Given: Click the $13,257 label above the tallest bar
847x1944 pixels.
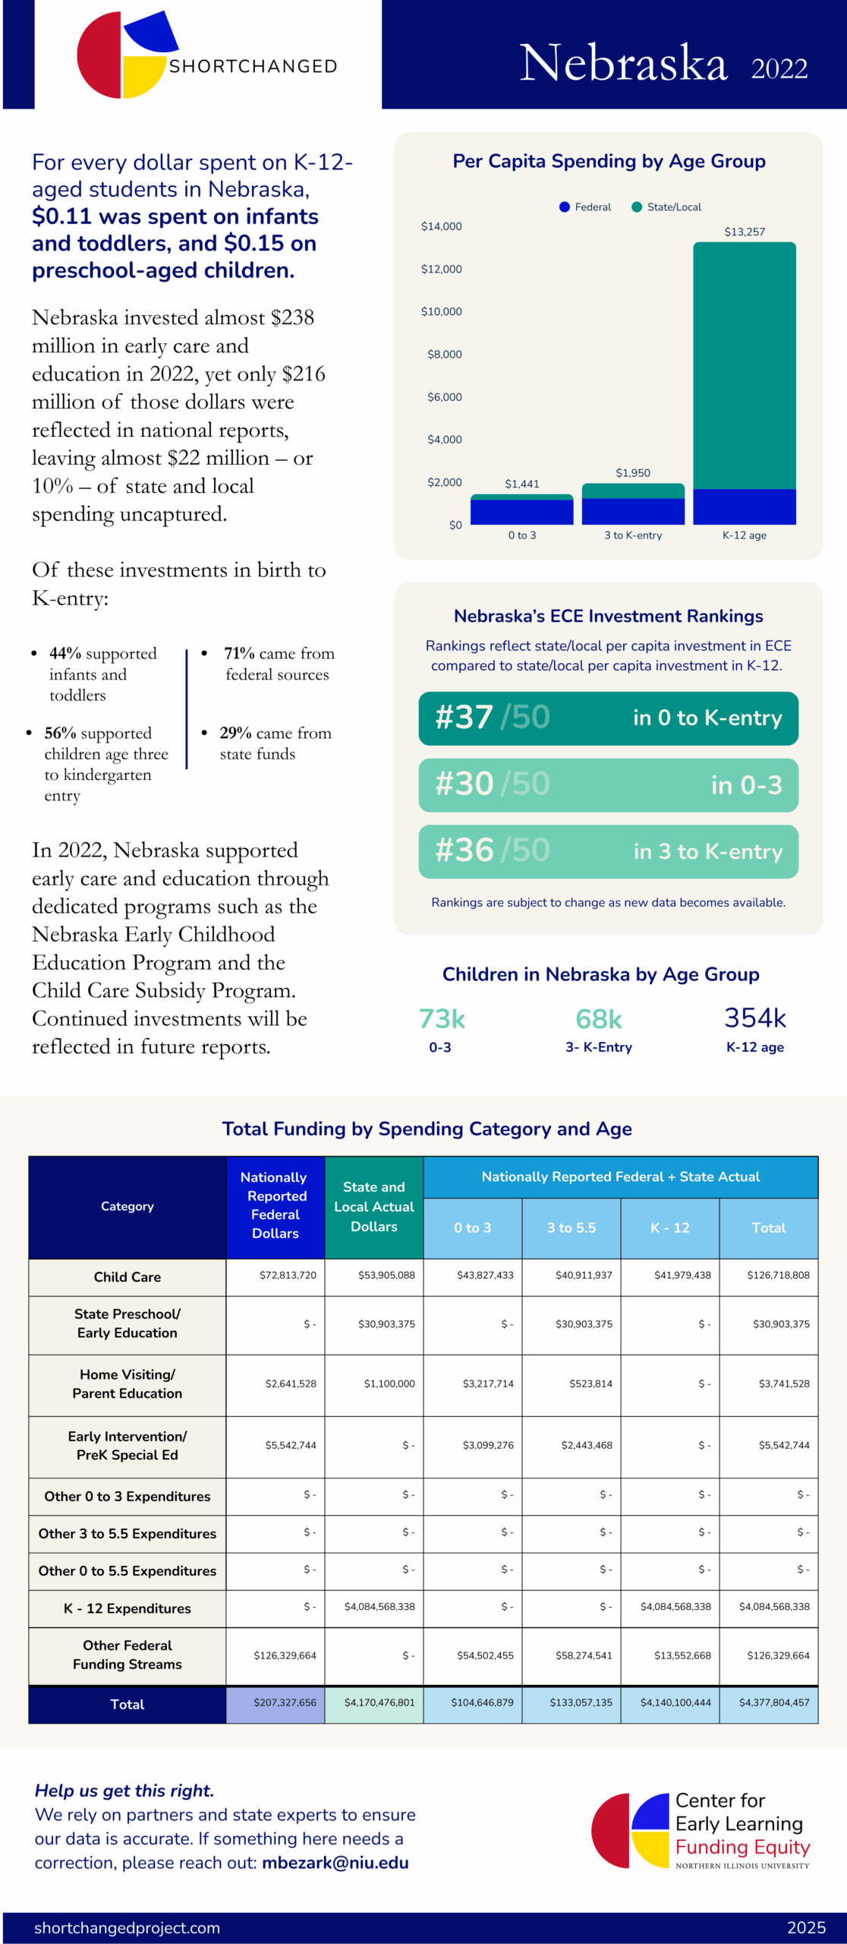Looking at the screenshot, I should pyautogui.click(x=744, y=232).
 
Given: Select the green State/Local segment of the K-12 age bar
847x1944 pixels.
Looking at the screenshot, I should pyautogui.click(x=744, y=364).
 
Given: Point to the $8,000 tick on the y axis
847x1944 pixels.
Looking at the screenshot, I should pyautogui.click(x=444, y=355).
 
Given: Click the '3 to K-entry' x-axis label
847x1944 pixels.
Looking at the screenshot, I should pyautogui.click(x=633, y=535).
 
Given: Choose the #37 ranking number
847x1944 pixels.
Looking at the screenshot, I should pyautogui.click(x=464, y=718).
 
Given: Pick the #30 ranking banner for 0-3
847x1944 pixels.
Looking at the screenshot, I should pyautogui.click(x=608, y=784).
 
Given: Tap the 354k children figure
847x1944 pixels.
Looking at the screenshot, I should pyautogui.click(x=754, y=1018).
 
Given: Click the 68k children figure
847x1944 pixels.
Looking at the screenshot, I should pyautogui.click(x=598, y=1019).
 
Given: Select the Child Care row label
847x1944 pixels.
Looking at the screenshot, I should pyautogui.click(x=128, y=1277).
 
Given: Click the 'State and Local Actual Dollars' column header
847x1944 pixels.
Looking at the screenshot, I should pyautogui.click(x=373, y=1207).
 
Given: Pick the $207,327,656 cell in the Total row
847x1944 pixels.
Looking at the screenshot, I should pyautogui.click(x=285, y=1703).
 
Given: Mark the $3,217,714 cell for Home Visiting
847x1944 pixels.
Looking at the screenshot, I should pyautogui.click(x=488, y=1384).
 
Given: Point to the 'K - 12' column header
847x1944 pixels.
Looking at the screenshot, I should pyautogui.click(x=669, y=1228).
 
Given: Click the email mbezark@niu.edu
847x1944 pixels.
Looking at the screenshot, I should pyautogui.click(x=335, y=1863).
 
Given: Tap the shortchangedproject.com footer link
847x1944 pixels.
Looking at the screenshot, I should pyautogui.click(x=127, y=1928).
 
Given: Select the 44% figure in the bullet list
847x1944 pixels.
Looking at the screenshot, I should pyautogui.click(x=65, y=653).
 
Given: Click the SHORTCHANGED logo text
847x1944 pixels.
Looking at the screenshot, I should pyautogui.click(x=253, y=67).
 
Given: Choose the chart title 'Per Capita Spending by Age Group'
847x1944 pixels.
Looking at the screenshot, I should pyautogui.click(x=609, y=161).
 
